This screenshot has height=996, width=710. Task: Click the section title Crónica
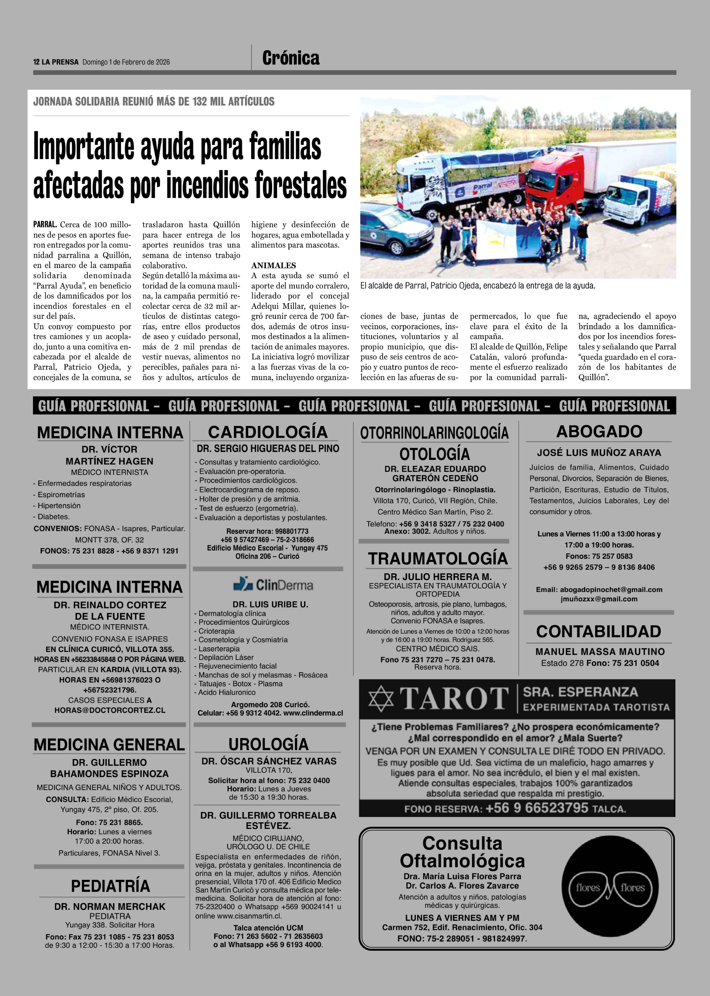tap(291, 58)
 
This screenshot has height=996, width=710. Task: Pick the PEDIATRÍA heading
tap(110, 886)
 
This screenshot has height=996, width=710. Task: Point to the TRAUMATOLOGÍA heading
tap(438, 559)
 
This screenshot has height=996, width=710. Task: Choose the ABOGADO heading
tap(599, 431)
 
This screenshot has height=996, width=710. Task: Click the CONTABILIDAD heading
tap(599, 631)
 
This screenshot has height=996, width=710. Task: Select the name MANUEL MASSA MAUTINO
tap(600, 652)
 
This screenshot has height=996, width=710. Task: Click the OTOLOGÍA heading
tap(435, 454)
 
